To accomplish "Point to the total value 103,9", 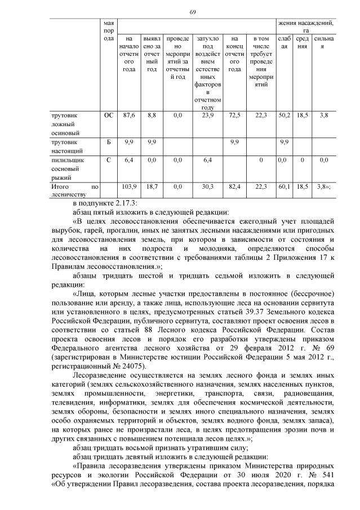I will (129, 186).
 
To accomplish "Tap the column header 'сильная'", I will (323, 43).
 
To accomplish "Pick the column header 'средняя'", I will (303, 43).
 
